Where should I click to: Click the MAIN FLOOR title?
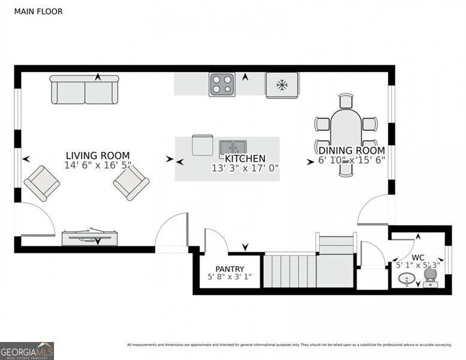point(38,11)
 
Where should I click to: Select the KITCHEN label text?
point(245,159)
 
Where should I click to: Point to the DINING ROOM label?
point(351,151)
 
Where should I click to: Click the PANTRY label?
point(230,268)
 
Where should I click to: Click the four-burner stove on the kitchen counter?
point(222,85)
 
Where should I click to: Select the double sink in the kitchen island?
point(233,147)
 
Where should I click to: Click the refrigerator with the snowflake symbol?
point(282,85)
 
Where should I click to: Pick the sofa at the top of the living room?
point(84,90)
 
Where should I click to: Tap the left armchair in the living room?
point(41,183)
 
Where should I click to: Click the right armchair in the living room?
point(131,182)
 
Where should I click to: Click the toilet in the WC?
point(430,277)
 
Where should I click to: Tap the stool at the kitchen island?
point(202,145)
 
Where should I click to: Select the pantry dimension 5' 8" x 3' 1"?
point(230,277)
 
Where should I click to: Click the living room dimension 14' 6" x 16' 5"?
point(97,165)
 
